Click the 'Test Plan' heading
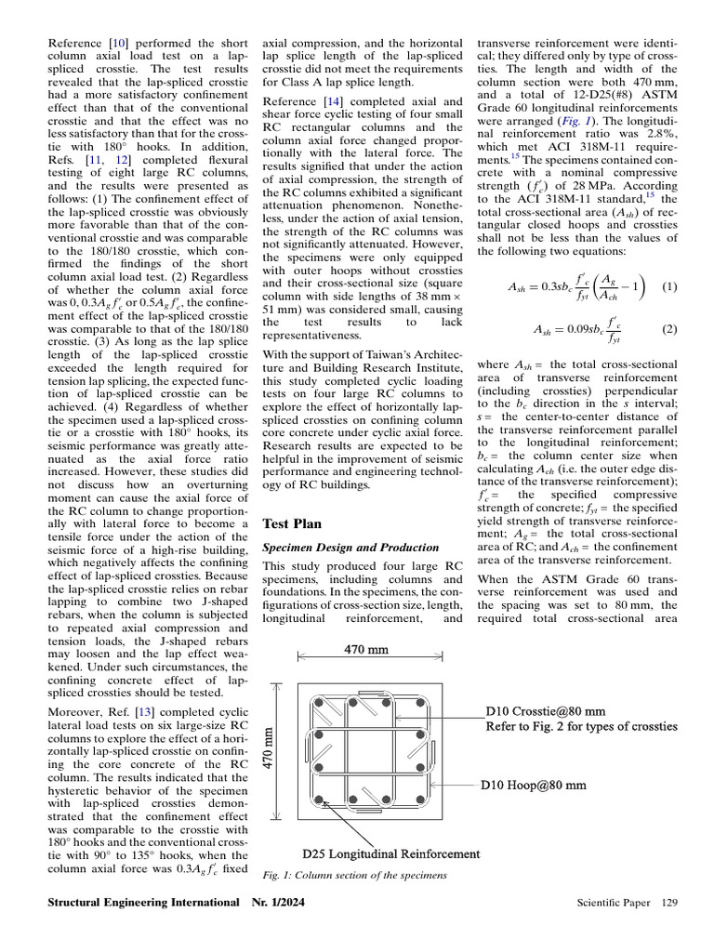(x=293, y=524)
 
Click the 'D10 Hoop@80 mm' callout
(x=533, y=786)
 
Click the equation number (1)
(x=669, y=287)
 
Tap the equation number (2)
(x=669, y=329)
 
